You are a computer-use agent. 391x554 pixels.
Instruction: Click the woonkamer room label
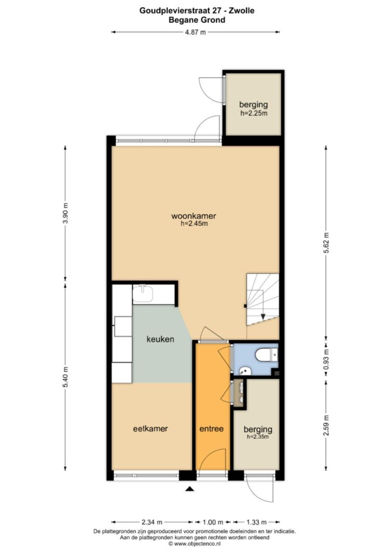coord(193,215)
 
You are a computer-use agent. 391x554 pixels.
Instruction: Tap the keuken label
coord(161,339)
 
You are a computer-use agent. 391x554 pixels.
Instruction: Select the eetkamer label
coord(150,428)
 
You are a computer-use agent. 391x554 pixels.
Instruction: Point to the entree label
coord(212,428)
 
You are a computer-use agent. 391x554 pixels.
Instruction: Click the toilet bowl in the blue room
coord(264,355)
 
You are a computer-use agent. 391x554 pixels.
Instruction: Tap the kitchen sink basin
coord(143,294)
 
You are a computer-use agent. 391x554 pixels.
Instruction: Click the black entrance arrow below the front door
coord(190,489)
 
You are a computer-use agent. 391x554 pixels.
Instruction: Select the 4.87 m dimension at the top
coord(195,32)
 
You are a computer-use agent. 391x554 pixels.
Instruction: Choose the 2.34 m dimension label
coord(152,522)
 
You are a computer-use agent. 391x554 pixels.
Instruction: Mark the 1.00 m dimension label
coord(213,522)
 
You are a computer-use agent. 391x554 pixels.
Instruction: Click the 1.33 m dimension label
coord(256,522)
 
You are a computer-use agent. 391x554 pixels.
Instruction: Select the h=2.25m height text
coord(254,113)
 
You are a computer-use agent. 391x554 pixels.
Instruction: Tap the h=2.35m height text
coord(258,437)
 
